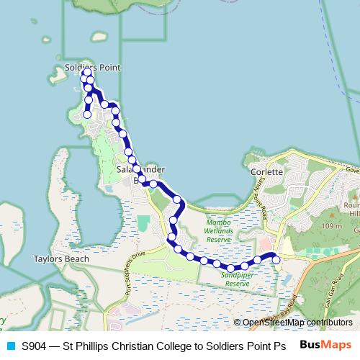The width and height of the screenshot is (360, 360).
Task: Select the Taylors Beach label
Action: [x=61, y=258]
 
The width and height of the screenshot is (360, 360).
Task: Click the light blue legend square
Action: [x=10, y=345]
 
